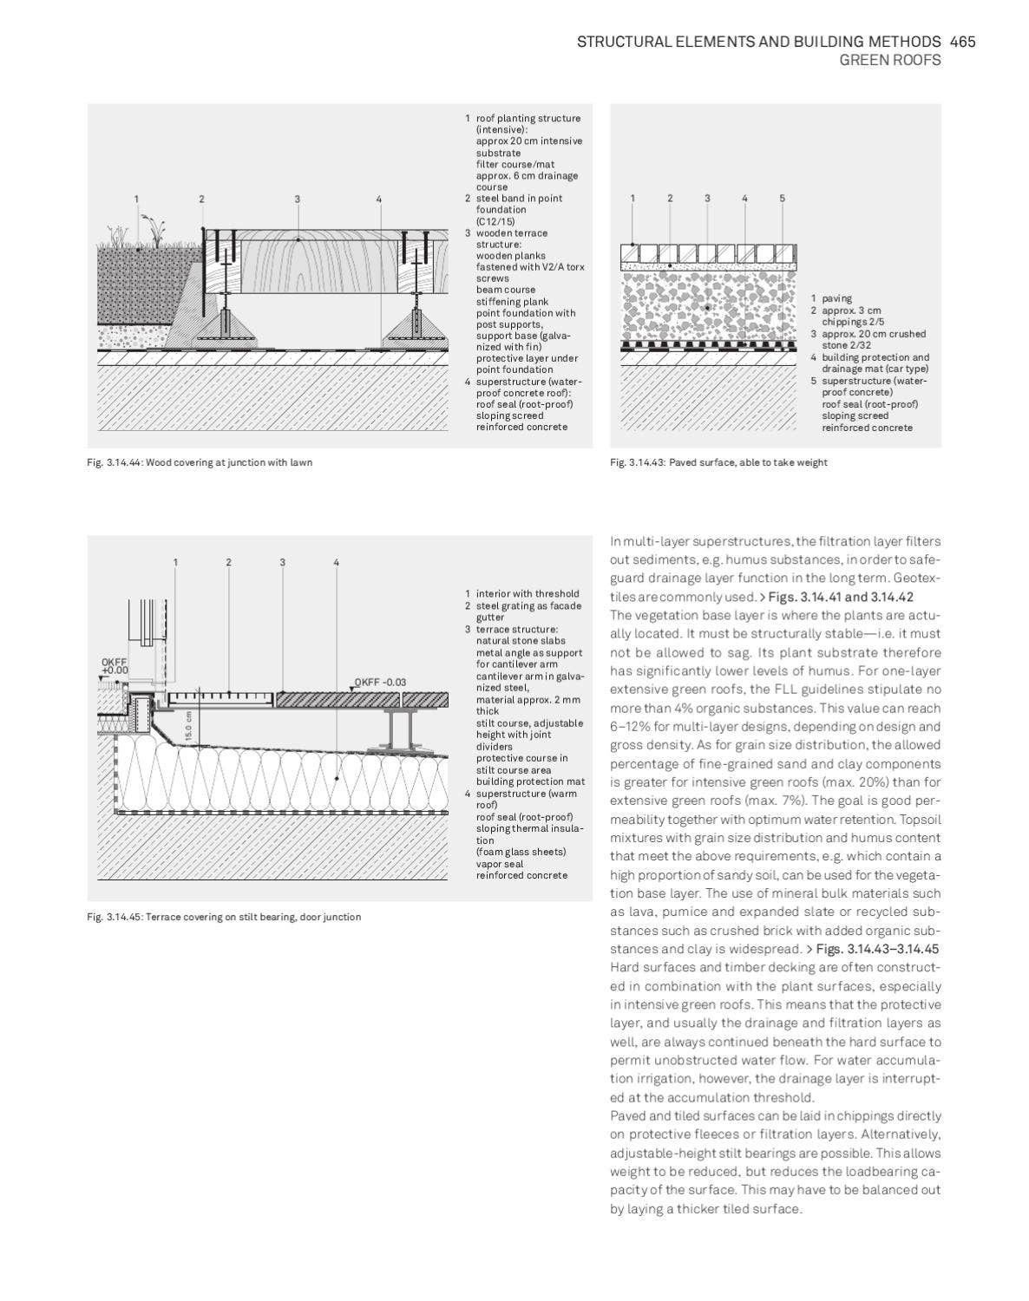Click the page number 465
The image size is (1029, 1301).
coord(962,42)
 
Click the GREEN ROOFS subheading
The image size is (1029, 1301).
coord(889,61)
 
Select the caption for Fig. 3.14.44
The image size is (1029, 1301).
coord(200,462)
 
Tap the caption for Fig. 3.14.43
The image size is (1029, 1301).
coord(718,462)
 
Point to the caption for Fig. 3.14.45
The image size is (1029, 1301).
coord(224,917)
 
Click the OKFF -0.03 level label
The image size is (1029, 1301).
coord(380,683)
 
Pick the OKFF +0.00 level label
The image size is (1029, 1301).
coord(114,666)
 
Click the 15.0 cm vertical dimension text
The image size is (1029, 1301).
coord(188,727)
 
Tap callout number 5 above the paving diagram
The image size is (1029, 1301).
coord(782,199)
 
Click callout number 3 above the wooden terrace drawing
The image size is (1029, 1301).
coord(297,199)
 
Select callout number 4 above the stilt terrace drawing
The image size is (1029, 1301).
coord(336,562)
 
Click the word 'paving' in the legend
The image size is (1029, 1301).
coord(836,298)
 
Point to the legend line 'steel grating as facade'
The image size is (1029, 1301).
coord(528,605)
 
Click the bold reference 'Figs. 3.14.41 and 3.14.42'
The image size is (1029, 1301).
coord(841,597)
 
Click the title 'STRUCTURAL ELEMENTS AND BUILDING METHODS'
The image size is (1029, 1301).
coord(758,42)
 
